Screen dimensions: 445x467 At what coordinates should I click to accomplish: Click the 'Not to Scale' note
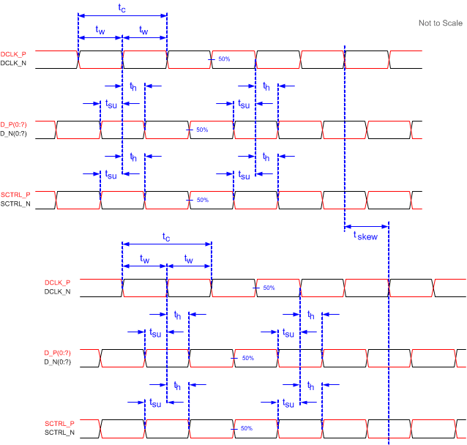click(x=440, y=23)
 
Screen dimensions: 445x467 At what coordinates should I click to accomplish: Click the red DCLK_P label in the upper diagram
click(x=14, y=54)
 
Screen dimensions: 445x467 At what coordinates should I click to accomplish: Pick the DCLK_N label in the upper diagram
click(x=14, y=64)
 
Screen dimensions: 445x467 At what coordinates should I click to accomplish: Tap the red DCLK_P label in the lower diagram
click(x=58, y=283)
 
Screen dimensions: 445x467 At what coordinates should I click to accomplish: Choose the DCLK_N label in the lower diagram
click(x=58, y=292)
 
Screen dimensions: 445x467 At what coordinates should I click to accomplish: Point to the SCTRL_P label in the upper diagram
click(x=15, y=195)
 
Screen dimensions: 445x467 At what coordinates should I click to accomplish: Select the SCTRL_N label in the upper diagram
click(x=15, y=204)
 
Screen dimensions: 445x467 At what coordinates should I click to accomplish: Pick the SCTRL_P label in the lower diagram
click(x=59, y=423)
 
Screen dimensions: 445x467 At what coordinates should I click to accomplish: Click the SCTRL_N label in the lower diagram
click(x=59, y=433)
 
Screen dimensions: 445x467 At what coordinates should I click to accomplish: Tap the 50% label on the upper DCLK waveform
click(x=224, y=59)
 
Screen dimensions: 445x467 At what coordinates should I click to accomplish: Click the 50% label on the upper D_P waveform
click(x=202, y=130)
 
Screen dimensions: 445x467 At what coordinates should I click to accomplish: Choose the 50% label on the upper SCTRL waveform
click(x=203, y=200)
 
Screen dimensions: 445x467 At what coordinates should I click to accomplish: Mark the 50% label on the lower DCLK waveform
click(x=269, y=288)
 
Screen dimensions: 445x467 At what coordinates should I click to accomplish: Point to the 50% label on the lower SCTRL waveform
click(x=247, y=428)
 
